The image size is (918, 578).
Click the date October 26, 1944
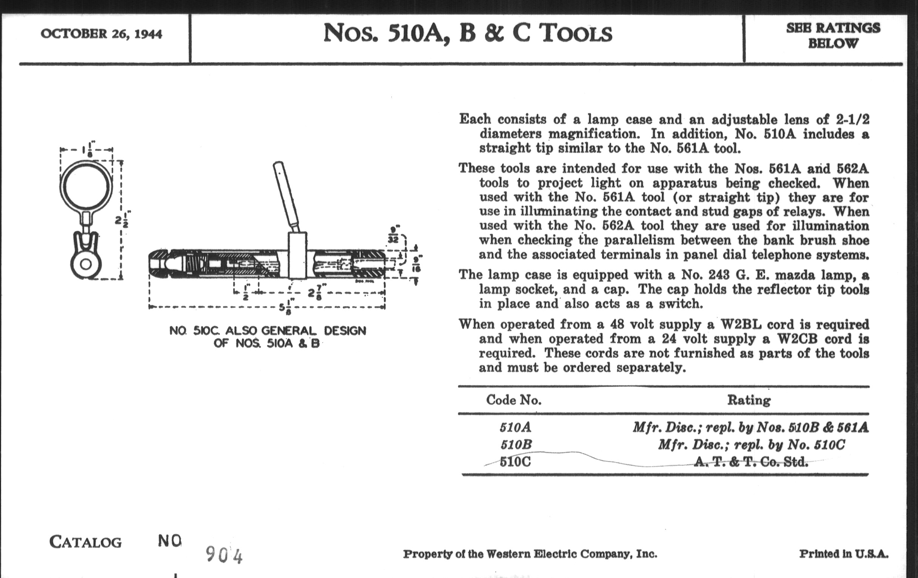point(102,34)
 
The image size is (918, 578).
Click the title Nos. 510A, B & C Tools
point(468,33)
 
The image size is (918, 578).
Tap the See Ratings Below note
point(833,36)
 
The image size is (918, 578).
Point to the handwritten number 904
point(224,555)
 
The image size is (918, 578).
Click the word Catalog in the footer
point(85,542)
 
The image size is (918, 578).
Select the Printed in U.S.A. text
point(843,553)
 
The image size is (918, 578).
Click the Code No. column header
point(513,400)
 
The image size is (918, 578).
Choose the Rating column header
point(749,400)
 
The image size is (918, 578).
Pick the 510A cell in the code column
point(515,427)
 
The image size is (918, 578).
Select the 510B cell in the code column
point(515,445)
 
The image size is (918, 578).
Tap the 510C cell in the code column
point(515,462)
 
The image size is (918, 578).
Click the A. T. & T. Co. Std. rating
point(750,462)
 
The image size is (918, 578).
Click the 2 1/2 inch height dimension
point(123,220)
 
